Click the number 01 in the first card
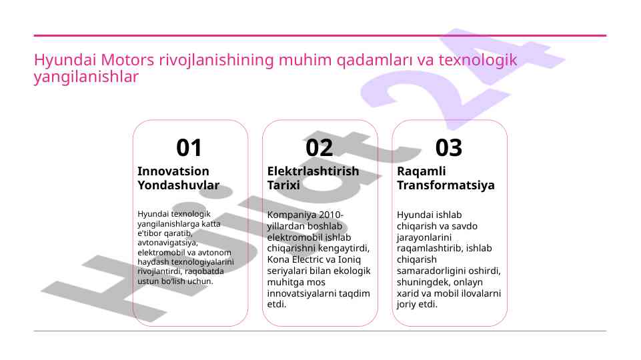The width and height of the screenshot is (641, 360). click(189, 147)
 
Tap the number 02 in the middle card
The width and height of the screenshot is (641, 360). click(319, 147)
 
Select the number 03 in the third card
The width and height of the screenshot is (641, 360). click(448, 147)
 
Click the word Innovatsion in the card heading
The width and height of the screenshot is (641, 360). click(173, 171)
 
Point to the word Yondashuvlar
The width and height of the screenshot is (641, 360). click(179, 185)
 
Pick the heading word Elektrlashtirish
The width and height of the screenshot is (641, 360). click(313, 171)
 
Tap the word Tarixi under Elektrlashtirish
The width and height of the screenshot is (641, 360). click(283, 185)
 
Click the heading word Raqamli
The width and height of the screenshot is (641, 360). click(422, 171)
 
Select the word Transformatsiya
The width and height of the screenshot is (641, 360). click(446, 185)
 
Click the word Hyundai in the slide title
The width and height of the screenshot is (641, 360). click(65, 60)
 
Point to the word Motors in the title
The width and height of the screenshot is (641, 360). click(127, 60)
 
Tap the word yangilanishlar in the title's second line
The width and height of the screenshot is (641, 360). click(86, 77)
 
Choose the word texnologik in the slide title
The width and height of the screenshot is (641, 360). click(478, 60)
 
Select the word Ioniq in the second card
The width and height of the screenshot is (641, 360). click(350, 260)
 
